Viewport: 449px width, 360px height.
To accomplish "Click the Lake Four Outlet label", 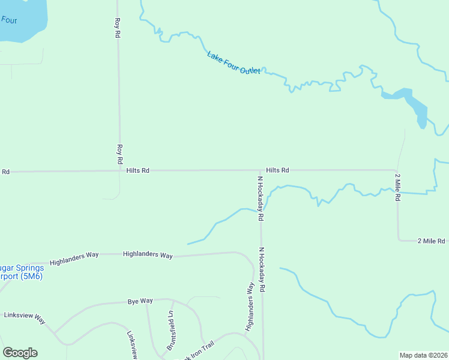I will pyautogui.click(x=234, y=63).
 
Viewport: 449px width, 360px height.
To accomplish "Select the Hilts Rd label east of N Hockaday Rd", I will pyautogui.click(x=277, y=170).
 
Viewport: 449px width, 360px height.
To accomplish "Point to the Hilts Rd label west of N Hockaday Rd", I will pyautogui.click(x=137, y=170).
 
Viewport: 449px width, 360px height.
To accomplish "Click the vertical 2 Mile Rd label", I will pyautogui.click(x=397, y=187).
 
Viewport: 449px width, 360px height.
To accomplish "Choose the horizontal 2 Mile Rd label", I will pyautogui.click(x=431, y=241).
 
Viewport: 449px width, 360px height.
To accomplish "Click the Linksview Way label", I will pyautogui.click(x=24, y=317).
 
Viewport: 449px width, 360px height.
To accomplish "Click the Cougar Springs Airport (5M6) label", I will pyautogui.click(x=21, y=272).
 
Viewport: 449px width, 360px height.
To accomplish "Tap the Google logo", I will pyautogui.click(x=20, y=353).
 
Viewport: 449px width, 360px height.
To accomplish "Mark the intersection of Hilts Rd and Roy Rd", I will pyautogui.click(x=119, y=171).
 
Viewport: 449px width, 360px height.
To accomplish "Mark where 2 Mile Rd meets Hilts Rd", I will pyautogui.click(x=396, y=170).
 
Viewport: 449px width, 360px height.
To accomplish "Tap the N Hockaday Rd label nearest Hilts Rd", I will pyautogui.click(x=261, y=199).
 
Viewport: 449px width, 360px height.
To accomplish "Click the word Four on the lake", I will pyautogui.click(x=9, y=19).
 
